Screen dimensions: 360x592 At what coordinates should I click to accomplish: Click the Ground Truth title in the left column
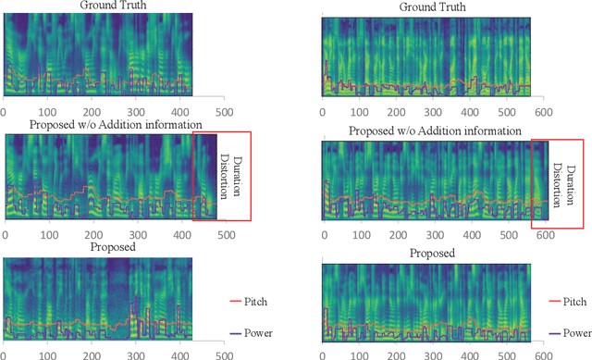[x=112, y=7]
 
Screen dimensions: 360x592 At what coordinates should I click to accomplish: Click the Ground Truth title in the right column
[x=431, y=7]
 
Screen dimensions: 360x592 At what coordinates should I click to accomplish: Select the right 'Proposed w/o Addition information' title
[x=435, y=131]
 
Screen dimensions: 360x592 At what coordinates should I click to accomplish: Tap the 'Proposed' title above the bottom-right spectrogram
[x=431, y=253]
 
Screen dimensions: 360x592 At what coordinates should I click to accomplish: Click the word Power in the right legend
[x=574, y=331]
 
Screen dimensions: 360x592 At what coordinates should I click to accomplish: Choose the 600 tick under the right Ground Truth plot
[x=546, y=109]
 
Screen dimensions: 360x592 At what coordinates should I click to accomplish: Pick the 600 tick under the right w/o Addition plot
[x=546, y=234]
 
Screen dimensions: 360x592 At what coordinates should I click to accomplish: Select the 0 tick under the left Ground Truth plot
[x=5, y=110]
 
